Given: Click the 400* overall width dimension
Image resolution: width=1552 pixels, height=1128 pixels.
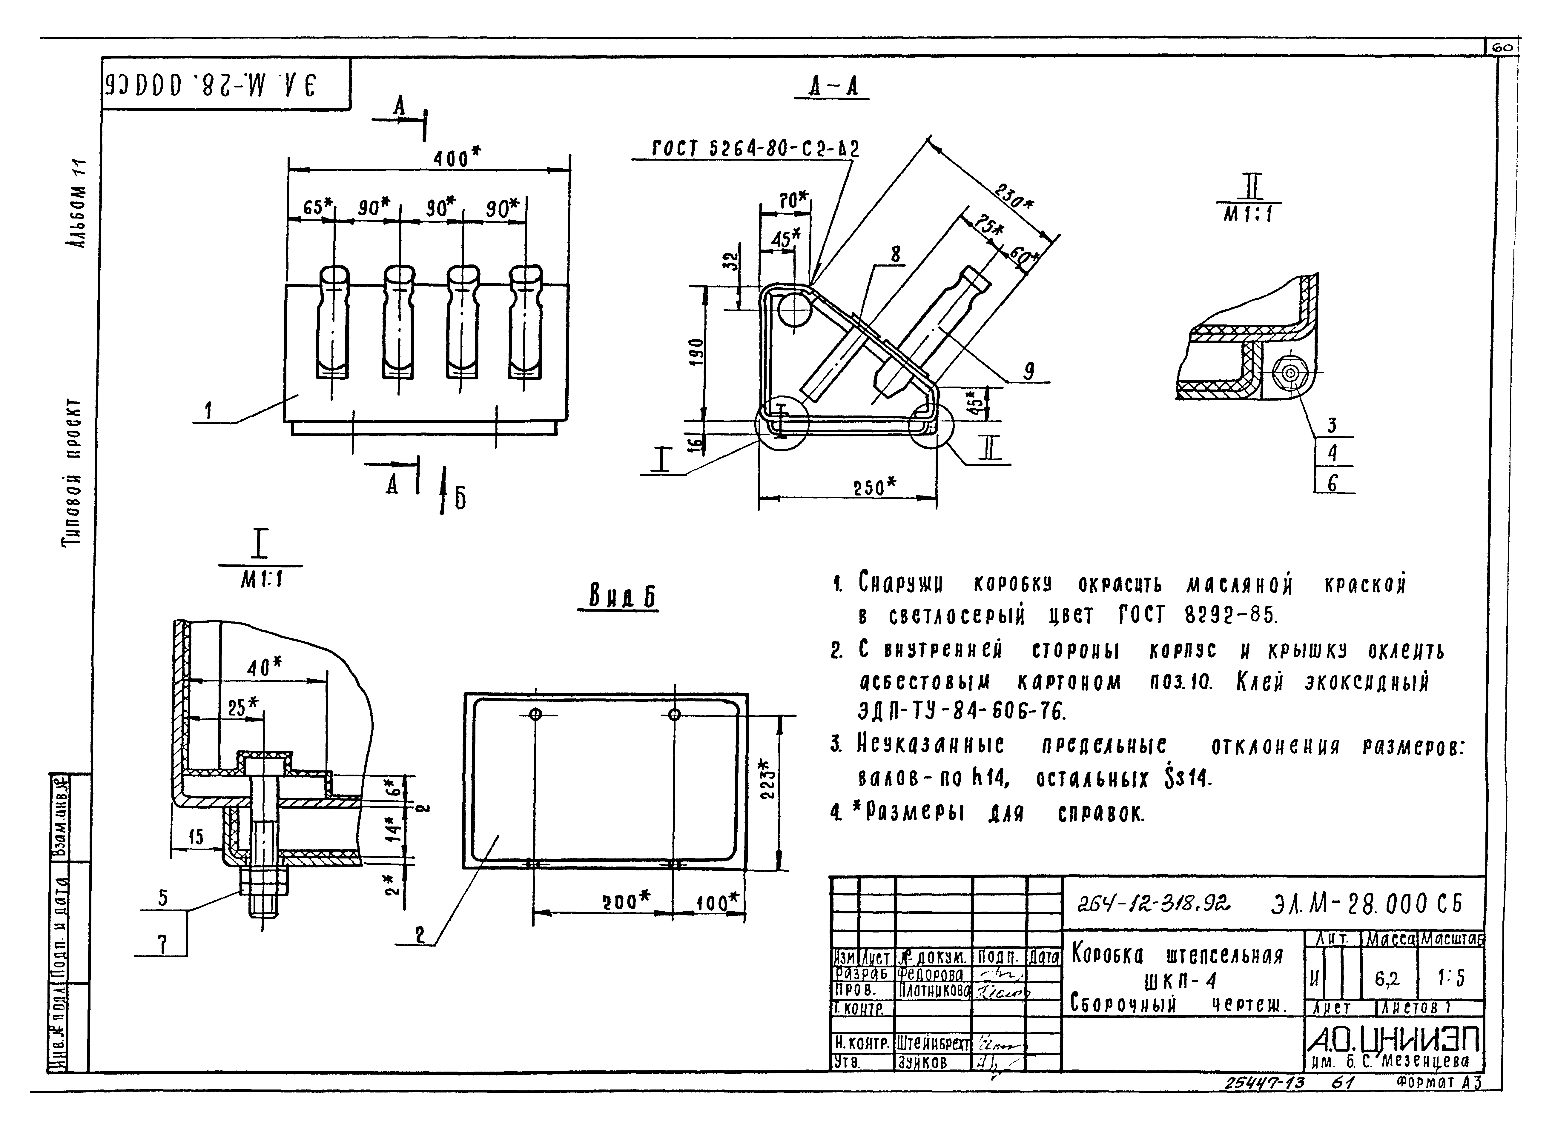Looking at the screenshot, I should (456, 158).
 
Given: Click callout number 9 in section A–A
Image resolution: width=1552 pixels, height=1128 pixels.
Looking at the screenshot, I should (1028, 371).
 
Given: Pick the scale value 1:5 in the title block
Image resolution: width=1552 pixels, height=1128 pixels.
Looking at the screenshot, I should (1451, 979).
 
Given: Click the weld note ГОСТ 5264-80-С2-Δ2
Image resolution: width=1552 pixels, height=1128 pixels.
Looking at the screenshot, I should (755, 148).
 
